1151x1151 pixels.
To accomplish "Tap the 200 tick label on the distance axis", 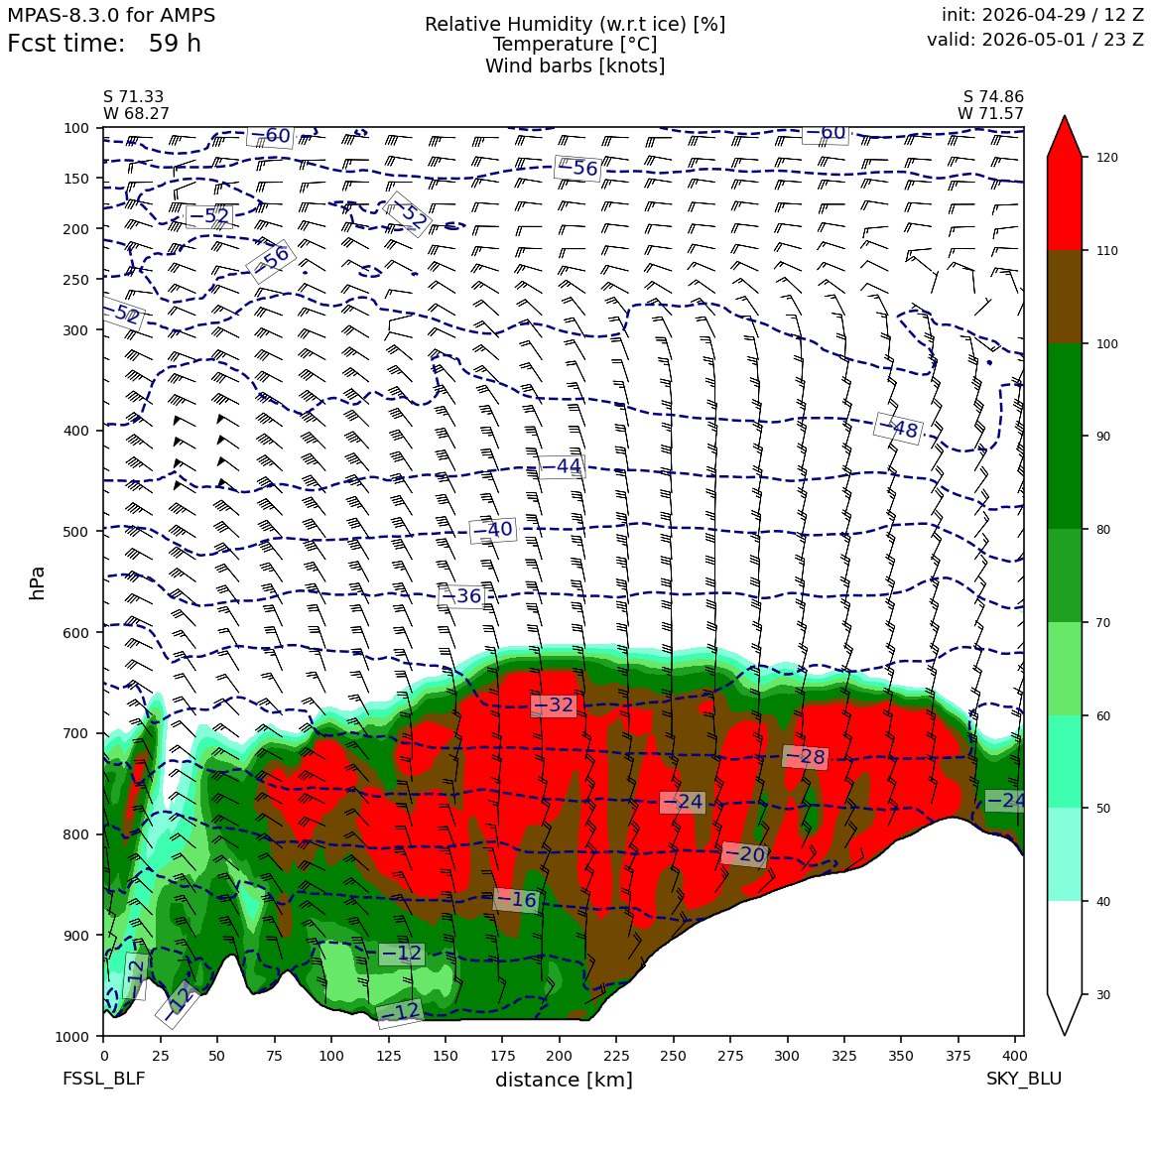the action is tap(560, 1056).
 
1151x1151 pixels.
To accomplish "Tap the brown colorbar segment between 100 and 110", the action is tap(1065, 297).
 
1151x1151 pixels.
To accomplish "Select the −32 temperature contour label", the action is tap(554, 705).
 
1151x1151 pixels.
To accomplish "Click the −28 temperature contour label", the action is tap(806, 757).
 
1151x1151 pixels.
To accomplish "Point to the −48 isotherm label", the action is tap(898, 428).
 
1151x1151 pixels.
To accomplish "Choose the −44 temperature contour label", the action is tap(562, 466).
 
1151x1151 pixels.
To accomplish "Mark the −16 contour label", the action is tap(516, 899).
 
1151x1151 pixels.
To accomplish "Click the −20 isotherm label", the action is tap(744, 854).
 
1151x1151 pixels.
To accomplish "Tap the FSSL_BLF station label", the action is tap(103, 1079).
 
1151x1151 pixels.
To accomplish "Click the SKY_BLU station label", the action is tap(1023, 1079).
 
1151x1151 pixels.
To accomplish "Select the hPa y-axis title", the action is tap(37, 583).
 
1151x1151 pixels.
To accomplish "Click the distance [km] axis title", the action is tap(564, 1080).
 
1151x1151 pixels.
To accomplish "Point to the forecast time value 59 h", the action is tap(175, 44).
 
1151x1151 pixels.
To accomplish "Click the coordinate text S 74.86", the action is tap(993, 97).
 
